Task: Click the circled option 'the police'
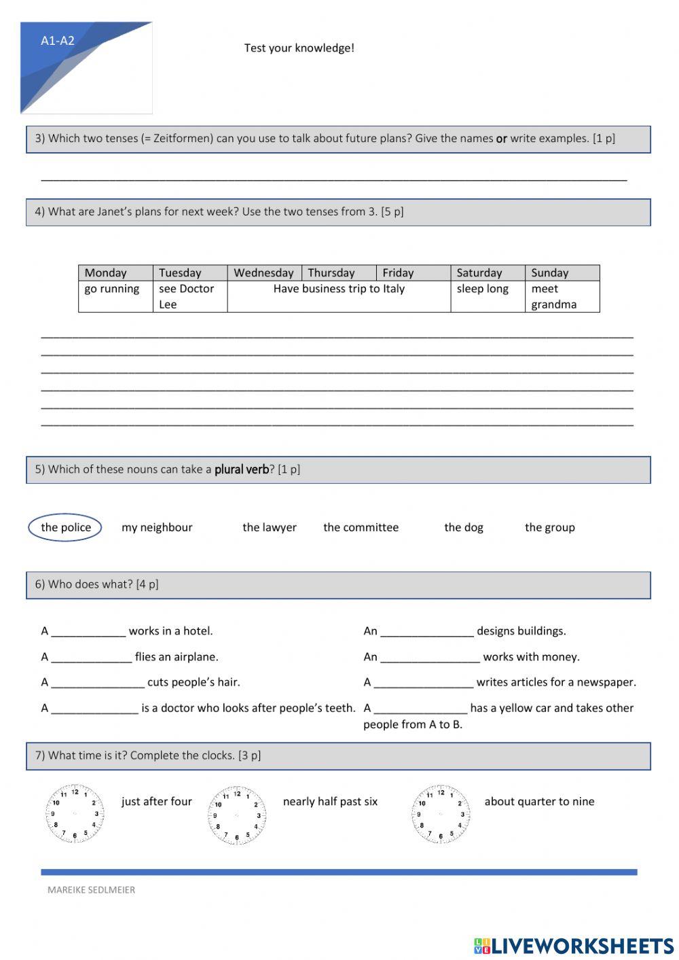pyautogui.click(x=65, y=527)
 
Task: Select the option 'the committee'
pyautogui.click(x=361, y=527)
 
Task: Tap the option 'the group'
pyautogui.click(x=549, y=527)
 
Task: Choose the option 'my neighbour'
pyautogui.click(x=157, y=527)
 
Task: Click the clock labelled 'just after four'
pyautogui.click(x=75, y=814)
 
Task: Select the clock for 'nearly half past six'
pyautogui.click(x=237, y=815)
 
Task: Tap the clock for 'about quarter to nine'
pyautogui.click(x=441, y=814)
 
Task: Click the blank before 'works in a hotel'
pyautogui.click(x=88, y=632)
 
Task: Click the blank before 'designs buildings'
pyautogui.click(x=426, y=632)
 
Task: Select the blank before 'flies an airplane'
pyautogui.click(x=91, y=658)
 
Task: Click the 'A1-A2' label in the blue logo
pyautogui.click(x=58, y=41)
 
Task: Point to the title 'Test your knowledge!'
pyautogui.click(x=299, y=48)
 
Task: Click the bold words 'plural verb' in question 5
pyautogui.click(x=242, y=469)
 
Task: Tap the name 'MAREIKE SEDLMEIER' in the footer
pyautogui.click(x=91, y=890)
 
